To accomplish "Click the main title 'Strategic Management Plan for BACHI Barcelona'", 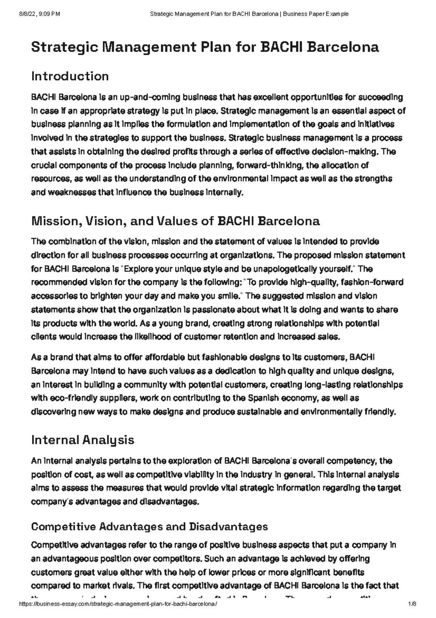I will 205,47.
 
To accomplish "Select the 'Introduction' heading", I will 70,76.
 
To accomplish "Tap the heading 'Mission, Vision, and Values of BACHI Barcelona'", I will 175,221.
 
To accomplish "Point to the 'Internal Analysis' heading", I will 83,440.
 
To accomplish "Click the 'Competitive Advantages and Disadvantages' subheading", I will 150,527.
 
